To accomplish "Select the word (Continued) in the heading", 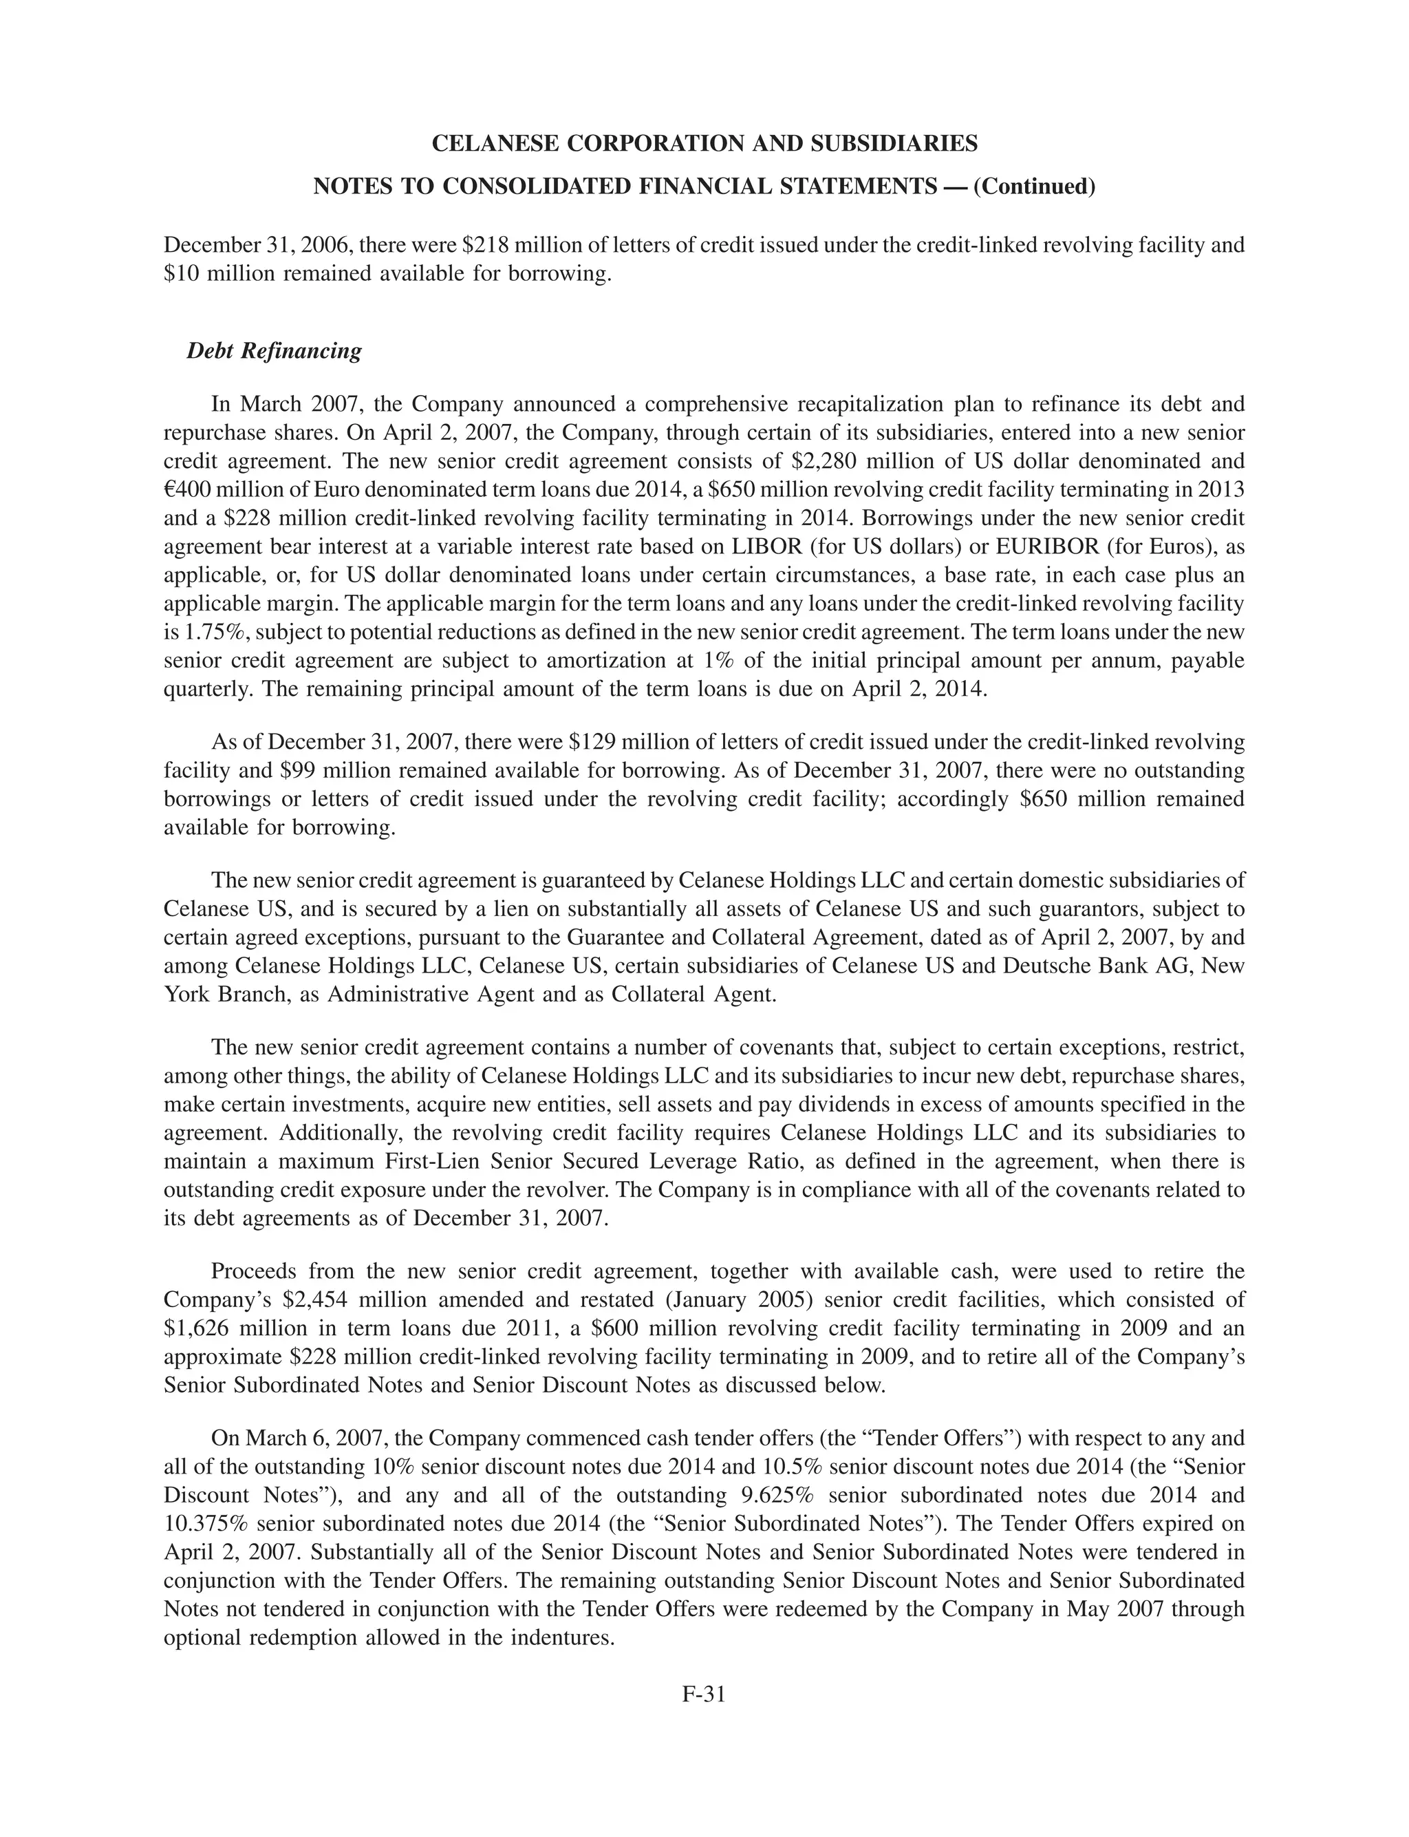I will point(1034,187).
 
